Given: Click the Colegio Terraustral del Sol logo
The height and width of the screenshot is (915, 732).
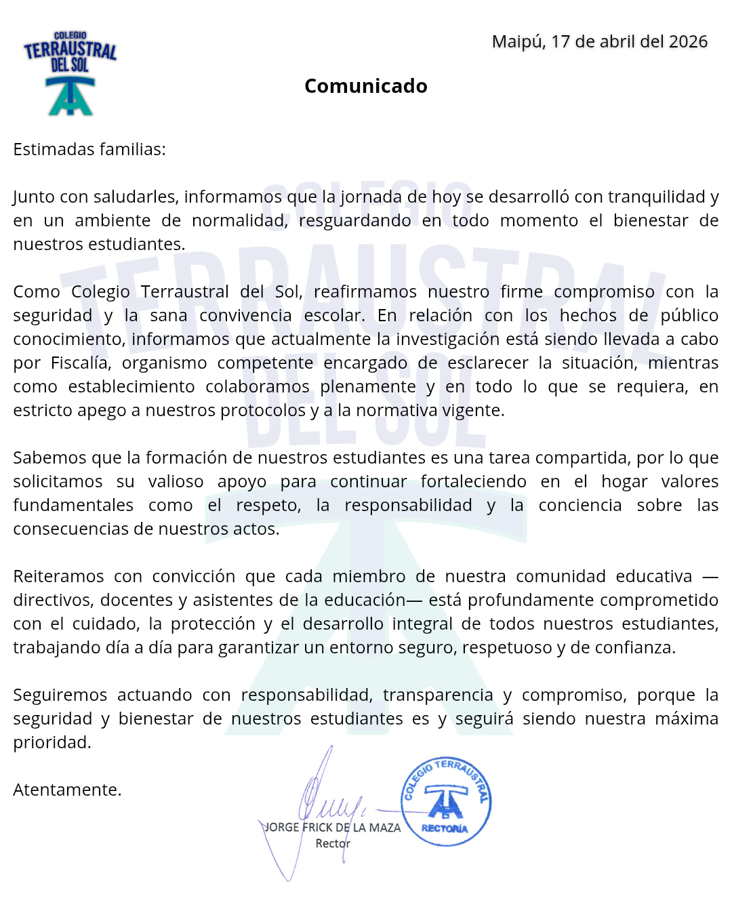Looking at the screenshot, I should (x=70, y=73).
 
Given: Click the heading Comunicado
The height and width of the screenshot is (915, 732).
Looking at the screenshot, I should (x=366, y=86).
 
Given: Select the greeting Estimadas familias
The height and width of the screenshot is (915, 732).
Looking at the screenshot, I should (x=89, y=149).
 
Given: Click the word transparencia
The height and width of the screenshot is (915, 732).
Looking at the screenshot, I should (x=438, y=695).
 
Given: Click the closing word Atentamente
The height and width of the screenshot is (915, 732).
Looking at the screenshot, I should (x=67, y=790).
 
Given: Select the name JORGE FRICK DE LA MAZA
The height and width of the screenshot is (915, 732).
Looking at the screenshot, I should (x=332, y=828).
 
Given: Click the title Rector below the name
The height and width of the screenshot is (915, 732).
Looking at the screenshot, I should (x=333, y=844).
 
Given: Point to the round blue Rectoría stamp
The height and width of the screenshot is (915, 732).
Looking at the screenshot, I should (x=446, y=802).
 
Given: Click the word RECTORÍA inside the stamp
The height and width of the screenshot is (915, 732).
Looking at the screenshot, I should (x=445, y=829).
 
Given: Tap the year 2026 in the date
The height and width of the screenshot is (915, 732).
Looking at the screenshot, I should (x=688, y=42).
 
